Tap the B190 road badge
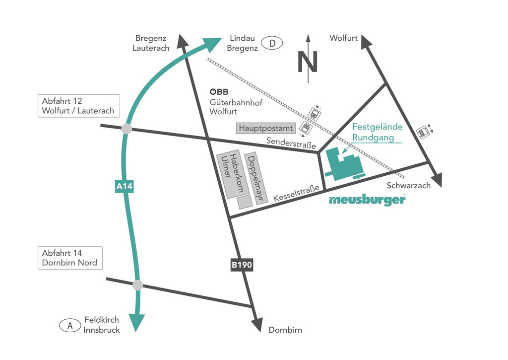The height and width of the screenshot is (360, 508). click(x=242, y=265)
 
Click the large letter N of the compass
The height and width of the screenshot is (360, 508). click(x=308, y=62)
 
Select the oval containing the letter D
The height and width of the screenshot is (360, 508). click(x=272, y=43)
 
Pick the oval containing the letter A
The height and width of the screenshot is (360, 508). click(x=70, y=325)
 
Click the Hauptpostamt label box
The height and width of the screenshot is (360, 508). click(x=266, y=128)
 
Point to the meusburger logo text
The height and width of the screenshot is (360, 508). click(x=367, y=200)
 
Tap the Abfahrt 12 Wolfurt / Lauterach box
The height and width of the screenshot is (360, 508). click(x=78, y=106)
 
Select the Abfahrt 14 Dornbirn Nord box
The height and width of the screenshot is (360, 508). click(x=70, y=258)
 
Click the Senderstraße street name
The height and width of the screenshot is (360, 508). click(x=291, y=143)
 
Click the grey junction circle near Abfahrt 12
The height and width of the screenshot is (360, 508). click(x=127, y=129)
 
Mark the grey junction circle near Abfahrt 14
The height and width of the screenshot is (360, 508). click(x=138, y=285)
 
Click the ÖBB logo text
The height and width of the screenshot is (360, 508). click(x=219, y=92)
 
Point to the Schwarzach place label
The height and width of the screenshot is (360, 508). click(x=408, y=186)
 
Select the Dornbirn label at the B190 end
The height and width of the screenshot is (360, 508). click(x=285, y=330)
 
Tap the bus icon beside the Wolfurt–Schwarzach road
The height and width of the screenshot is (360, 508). click(x=422, y=132)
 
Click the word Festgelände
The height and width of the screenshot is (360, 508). click(x=381, y=127)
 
